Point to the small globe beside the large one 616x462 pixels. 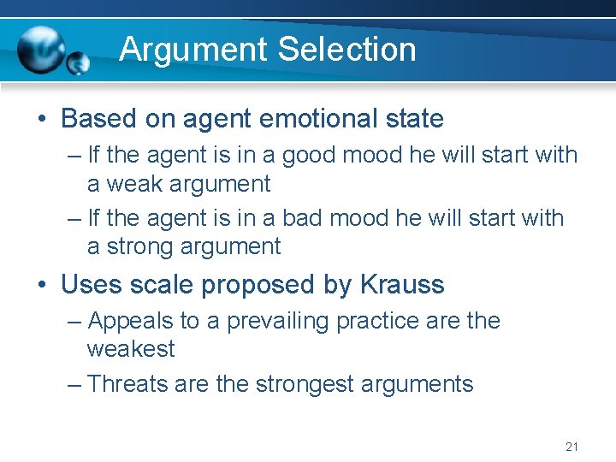pos(79,62)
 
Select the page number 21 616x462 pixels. pos(572,447)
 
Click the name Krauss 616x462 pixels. pos(402,284)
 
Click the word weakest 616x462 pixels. pos(130,349)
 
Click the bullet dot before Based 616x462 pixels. pos(42,118)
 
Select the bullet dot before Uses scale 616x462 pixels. pos(42,284)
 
